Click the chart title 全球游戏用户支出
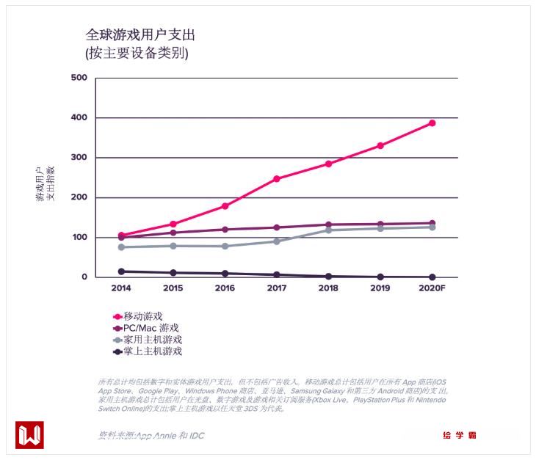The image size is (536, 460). coord(140,35)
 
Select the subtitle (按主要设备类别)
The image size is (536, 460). coord(137,54)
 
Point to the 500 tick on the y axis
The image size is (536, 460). coord(79,78)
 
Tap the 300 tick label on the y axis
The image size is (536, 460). coord(79,158)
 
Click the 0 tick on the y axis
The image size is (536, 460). coord(84,277)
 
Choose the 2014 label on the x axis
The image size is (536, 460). coord(121,288)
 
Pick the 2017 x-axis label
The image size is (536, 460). coord(277,288)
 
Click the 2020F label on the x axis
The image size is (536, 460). coord(432,288)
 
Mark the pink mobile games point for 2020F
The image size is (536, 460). coord(432,123)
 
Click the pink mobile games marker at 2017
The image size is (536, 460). coord(277,179)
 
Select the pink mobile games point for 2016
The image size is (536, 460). coord(225,206)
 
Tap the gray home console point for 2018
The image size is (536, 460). coord(328,230)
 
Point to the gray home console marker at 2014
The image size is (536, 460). coord(121,247)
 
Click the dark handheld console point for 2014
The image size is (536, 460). coord(121,271)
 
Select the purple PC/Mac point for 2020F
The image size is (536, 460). coord(432,223)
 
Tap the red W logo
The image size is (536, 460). coord(29,435)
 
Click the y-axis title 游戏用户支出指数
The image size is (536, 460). coord(46,183)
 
